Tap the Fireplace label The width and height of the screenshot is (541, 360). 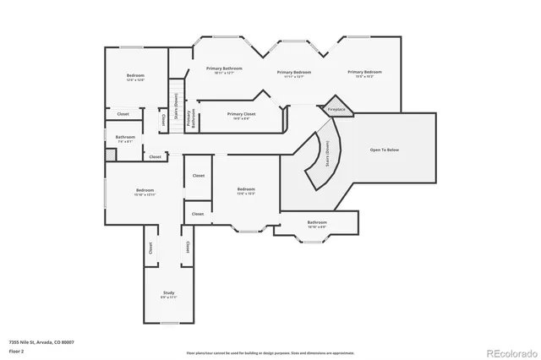pyautogui.click(x=336, y=109)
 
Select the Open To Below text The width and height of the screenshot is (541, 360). pyautogui.click(x=384, y=150)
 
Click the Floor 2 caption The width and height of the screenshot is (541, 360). pyautogui.click(x=18, y=350)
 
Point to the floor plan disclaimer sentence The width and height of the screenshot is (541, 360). pyautogui.click(x=270, y=352)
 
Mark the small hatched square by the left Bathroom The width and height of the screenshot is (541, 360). pyautogui.click(x=110, y=155)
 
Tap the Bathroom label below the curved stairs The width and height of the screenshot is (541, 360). pyautogui.click(x=317, y=223)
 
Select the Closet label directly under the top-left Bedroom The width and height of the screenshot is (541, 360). pyautogui.click(x=123, y=113)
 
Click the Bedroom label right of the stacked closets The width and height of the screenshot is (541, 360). pyautogui.click(x=246, y=190)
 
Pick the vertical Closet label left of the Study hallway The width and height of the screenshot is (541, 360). pyautogui.click(x=151, y=248)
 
